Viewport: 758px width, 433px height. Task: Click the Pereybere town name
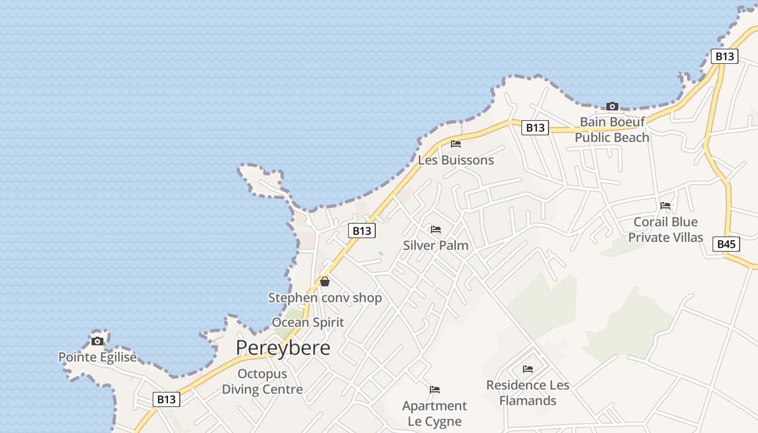283,347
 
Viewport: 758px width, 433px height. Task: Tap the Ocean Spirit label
308,323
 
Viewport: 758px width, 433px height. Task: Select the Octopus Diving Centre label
262,381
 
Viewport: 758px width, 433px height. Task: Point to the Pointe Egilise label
97,357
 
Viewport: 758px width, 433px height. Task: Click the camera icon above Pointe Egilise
97,341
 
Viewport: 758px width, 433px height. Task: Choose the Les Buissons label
456,160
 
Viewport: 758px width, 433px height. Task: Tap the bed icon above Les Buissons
456,144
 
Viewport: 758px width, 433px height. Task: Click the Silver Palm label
435,245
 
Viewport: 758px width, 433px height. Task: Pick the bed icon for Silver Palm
436,229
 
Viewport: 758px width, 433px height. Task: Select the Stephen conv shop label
325,298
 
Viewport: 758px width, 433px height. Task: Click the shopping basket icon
325,281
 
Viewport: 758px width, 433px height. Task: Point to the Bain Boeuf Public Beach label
612,129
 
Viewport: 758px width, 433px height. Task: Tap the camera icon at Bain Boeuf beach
612,106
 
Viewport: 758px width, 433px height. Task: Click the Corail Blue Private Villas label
665,229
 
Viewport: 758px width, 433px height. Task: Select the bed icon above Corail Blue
665,206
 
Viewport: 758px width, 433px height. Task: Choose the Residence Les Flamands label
528,393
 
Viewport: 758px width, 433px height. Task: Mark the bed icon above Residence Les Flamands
528,369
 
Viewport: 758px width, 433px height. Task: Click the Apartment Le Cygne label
434,414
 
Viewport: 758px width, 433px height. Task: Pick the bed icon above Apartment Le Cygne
434,390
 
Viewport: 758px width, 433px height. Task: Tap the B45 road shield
726,244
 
